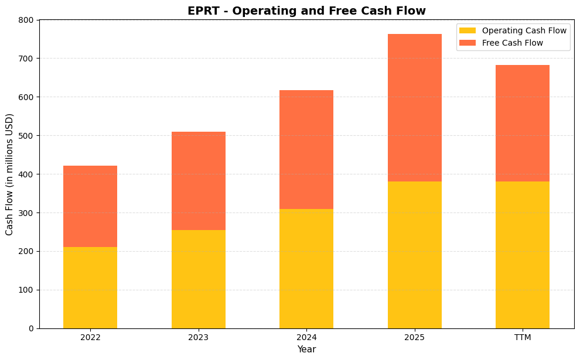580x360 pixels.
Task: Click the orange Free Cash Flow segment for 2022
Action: point(90,206)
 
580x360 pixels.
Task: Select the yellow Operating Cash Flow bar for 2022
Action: point(90,287)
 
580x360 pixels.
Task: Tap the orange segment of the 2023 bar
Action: point(198,181)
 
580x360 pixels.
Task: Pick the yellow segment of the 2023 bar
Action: point(198,279)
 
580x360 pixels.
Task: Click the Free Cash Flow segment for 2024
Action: point(306,149)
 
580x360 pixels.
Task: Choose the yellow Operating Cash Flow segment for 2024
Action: point(306,269)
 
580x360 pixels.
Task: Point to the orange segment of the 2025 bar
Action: point(414,108)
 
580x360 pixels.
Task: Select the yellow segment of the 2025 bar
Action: point(414,255)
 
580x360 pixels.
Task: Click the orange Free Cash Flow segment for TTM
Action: point(522,123)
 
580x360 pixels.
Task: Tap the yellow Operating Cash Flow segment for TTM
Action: point(522,255)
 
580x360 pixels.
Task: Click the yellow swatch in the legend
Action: point(468,30)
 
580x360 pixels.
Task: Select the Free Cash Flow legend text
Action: point(512,43)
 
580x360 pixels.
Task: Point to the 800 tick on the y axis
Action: point(26,20)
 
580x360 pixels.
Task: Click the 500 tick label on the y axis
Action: point(26,136)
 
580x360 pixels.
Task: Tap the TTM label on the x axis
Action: point(522,338)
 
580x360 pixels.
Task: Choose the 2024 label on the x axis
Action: point(306,338)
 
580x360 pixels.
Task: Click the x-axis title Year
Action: point(306,349)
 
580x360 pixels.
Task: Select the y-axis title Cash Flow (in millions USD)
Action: point(9,174)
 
